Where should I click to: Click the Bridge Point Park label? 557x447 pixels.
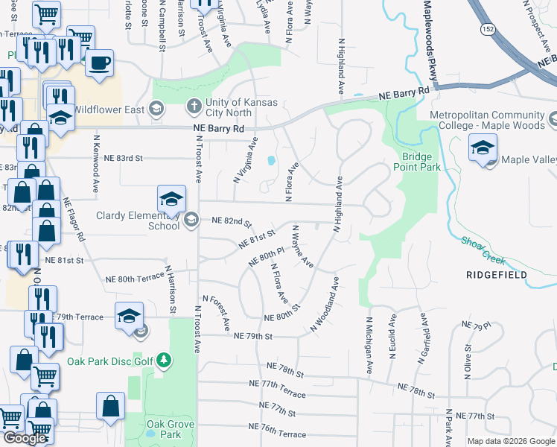click(421, 162)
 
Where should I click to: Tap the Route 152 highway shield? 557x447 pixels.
click(486, 28)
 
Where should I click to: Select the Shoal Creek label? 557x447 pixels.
click(483, 250)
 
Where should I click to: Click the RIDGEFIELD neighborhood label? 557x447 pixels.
click(496, 275)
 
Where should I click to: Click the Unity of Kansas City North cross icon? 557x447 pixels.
click(194, 104)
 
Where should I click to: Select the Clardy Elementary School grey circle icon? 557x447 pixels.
click(191, 218)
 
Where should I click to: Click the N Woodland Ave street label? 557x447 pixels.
click(325, 305)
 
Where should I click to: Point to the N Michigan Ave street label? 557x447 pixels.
click(368, 345)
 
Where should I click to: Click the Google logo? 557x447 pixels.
click(25, 438)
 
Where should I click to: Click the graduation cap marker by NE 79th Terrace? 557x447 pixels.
click(129, 315)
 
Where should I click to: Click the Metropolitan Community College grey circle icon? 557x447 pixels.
click(553, 119)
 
